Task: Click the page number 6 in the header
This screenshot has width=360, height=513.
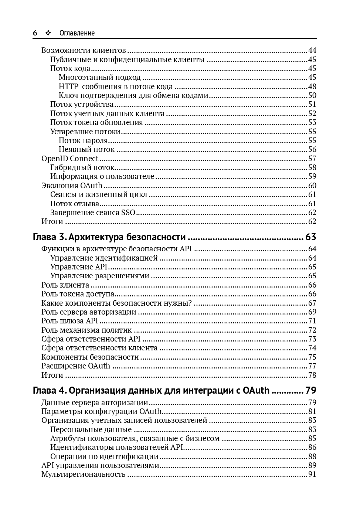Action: [35, 33]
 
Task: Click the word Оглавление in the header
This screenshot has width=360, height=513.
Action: [77, 33]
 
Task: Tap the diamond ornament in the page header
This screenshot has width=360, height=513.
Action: [48, 33]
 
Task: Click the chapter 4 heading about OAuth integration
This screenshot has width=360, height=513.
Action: [151, 390]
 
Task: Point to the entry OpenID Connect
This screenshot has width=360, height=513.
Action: [70, 159]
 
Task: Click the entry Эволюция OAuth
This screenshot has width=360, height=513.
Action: [72, 186]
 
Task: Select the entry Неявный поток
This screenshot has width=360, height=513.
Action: [86, 149]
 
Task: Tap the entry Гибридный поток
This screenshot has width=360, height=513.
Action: [82, 167]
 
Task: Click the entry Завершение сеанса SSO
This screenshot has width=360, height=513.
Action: [93, 213]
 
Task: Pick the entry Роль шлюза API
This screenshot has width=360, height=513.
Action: [69, 321]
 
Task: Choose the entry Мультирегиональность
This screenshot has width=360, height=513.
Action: [83, 474]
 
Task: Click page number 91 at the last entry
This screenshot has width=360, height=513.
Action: [312, 474]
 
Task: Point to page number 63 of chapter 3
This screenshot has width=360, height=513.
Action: [310, 237]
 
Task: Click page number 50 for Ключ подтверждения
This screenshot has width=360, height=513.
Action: [312, 95]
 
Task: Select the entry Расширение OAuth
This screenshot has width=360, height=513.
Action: [76, 366]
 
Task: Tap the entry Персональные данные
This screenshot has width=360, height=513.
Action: [91, 429]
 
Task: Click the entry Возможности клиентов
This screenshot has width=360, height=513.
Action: [84, 50]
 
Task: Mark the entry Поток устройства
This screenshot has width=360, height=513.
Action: [82, 104]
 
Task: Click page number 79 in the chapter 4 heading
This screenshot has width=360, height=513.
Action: [310, 390]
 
